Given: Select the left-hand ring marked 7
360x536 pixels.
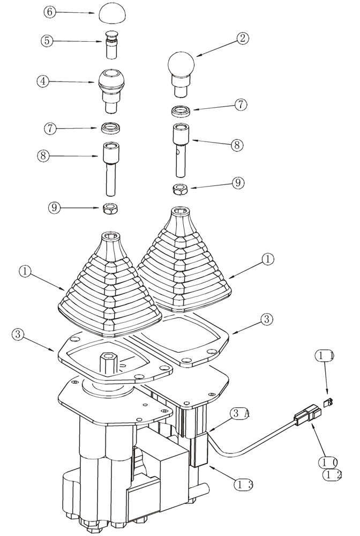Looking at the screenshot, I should pyautogui.click(x=111, y=128).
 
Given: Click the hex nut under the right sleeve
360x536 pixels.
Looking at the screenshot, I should pyautogui.click(x=180, y=189).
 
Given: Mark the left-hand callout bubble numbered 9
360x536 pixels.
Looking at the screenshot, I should pyautogui.click(x=55, y=207).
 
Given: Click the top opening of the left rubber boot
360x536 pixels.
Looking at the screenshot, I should pyautogui.click(x=112, y=236).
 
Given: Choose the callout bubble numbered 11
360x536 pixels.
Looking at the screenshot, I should pyautogui.click(x=326, y=355).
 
